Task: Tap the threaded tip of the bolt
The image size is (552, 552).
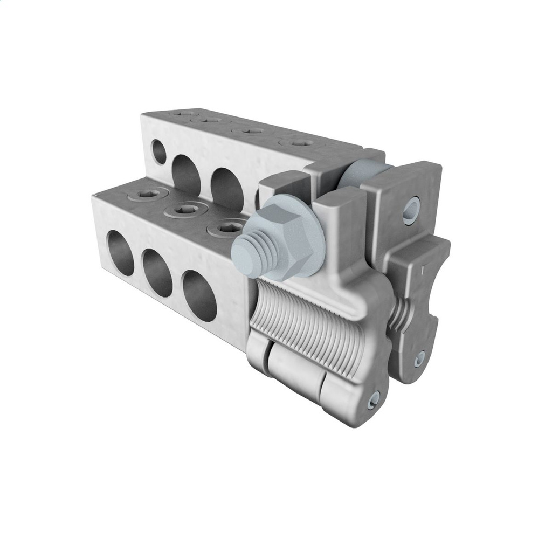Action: coord(245,249)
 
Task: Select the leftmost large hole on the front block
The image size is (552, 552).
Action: coord(120,252)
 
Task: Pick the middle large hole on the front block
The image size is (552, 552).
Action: coord(157,273)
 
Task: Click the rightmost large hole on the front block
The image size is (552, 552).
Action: coord(199,295)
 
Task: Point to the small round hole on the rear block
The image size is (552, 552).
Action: coord(158,151)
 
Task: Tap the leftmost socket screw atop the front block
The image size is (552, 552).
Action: coord(146,194)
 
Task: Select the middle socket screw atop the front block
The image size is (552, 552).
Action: coord(187,209)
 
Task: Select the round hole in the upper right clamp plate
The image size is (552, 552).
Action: coord(411,210)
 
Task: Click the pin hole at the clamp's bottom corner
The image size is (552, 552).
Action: coord(372,399)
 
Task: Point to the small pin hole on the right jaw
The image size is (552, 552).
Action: coord(419,357)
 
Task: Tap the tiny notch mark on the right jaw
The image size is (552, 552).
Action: coord(424,268)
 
